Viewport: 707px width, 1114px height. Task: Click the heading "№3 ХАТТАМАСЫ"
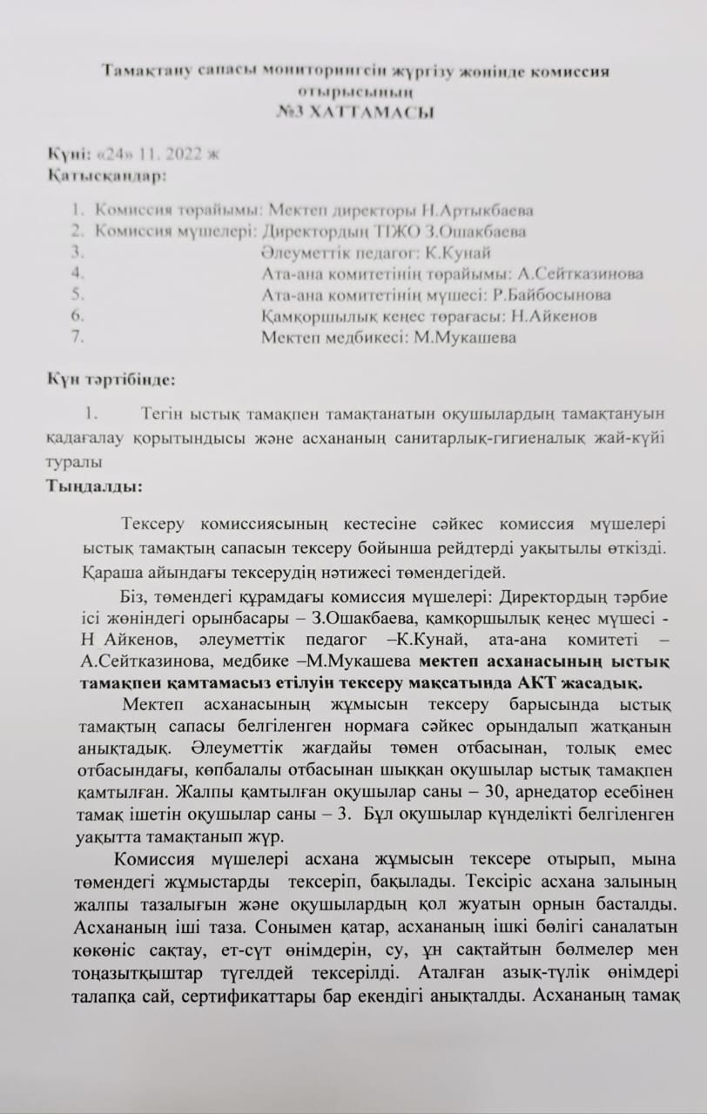(x=353, y=112)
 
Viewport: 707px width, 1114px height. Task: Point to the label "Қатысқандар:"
(x=106, y=176)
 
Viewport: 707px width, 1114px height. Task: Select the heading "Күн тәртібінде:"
(x=111, y=379)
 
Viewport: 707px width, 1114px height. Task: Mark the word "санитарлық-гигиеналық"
(x=497, y=438)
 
